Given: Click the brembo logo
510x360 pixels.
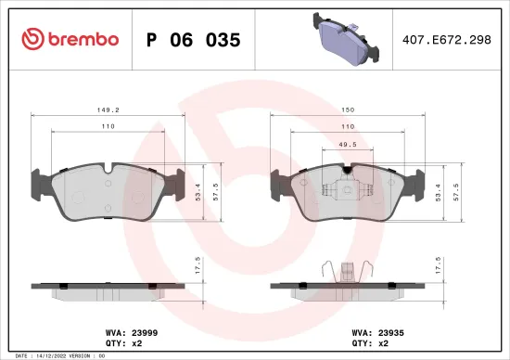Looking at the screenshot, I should pyautogui.click(x=70, y=39).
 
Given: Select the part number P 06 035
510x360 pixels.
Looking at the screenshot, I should pyautogui.click(x=194, y=40).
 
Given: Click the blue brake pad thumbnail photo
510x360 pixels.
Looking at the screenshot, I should pyautogui.click(x=348, y=40).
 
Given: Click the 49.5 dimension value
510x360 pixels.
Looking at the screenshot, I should pyautogui.click(x=348, y=146).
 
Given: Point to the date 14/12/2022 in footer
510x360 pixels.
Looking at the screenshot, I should pyautogui.click(x=47, y=355).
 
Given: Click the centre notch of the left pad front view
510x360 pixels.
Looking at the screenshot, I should pyautogui.click(x=109, y=170).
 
